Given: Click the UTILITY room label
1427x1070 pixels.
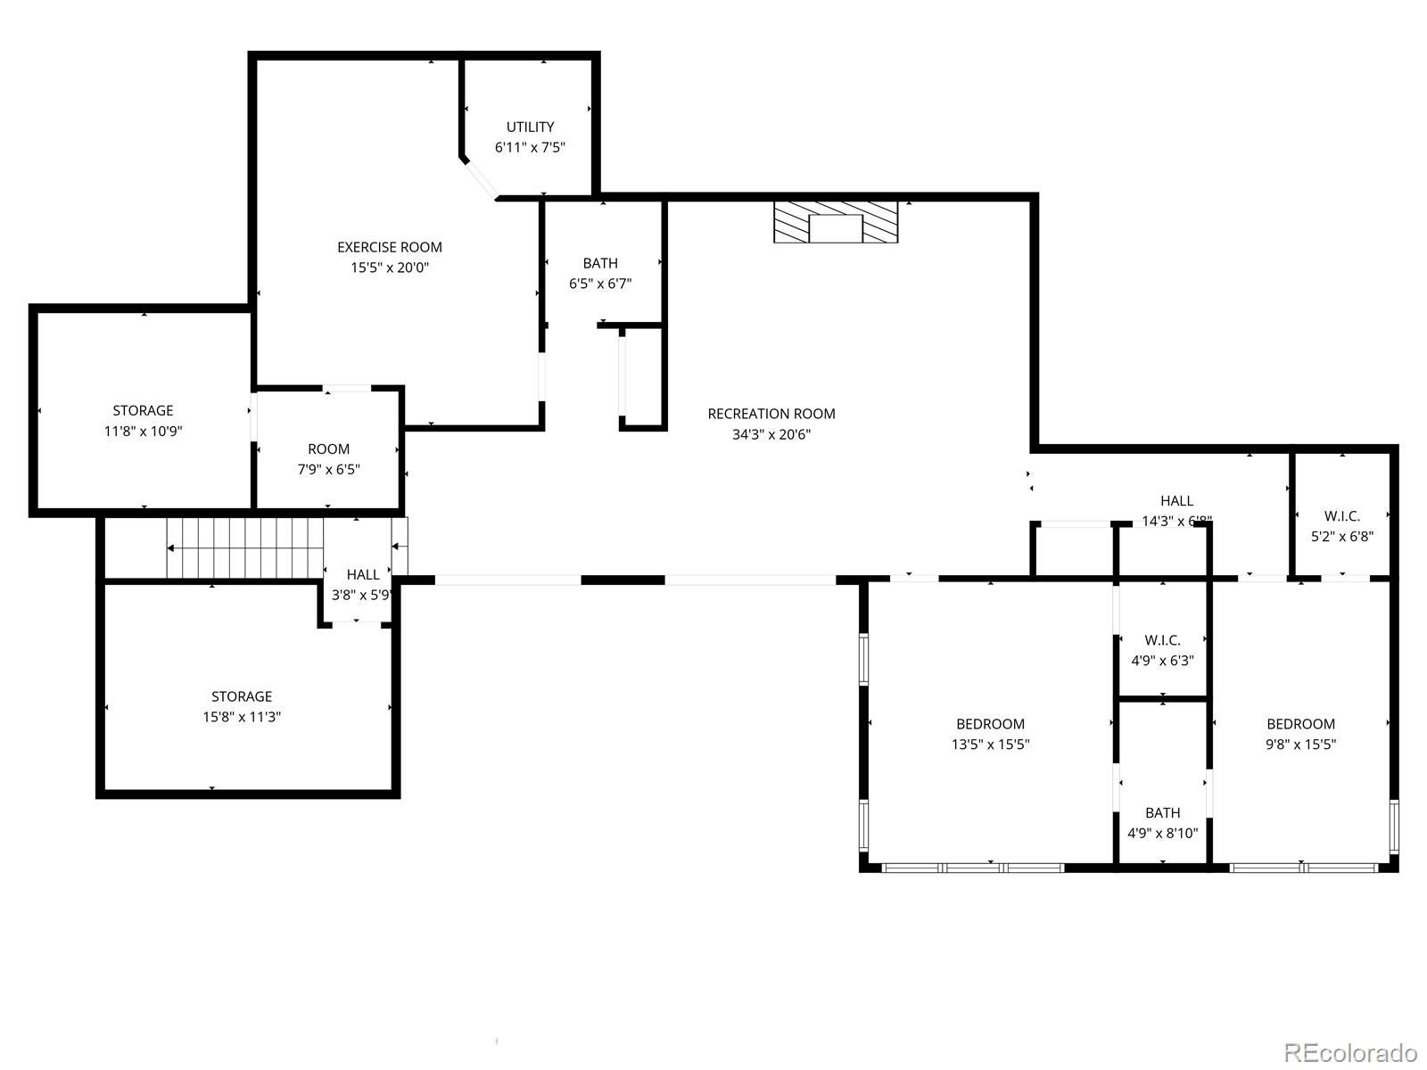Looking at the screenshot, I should click(x=530, y=128).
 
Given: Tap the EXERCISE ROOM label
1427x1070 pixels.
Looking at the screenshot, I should click(x=390, y=247).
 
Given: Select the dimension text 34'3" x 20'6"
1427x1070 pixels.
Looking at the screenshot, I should click(x=771, y=434).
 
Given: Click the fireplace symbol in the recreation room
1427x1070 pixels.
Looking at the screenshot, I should click(x=836, y=222).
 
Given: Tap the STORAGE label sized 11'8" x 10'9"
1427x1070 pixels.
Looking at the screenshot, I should click(x=143, y=411).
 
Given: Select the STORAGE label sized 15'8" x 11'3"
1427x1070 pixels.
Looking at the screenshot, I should click(x=242, y=696).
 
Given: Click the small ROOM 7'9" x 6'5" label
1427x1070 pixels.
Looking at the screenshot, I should click(x=328, y=449).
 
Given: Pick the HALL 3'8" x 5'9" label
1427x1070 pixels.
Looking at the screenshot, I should click(x=363, y=575).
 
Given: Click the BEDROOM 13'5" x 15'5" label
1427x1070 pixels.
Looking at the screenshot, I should click(x=990, y=724).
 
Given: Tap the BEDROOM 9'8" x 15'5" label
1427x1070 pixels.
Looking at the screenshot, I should click(x=1300, y=724).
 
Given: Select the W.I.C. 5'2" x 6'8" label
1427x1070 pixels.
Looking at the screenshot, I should click(x=1341, y=517).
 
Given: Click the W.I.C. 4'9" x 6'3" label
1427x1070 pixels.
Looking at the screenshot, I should click(x=1162, y=641).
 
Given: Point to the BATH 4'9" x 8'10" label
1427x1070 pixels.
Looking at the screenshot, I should click(x=1162, y=813).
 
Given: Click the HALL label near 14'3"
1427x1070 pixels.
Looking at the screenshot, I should click(x=1176, y=501).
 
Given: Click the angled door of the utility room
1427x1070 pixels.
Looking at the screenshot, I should click(x=481, y=178).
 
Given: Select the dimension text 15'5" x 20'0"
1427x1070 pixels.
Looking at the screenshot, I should click(x=390, y=267).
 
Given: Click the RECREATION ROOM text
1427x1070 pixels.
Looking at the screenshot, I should click(x=771, y=414).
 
